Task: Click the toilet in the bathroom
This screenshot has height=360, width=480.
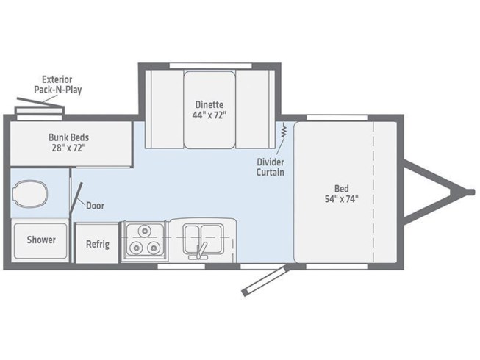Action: tap(30, 194)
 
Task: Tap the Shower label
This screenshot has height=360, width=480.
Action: tap(41, 240)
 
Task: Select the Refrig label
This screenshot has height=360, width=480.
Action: tap(98, 244)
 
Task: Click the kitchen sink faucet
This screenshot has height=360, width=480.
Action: tap(201, 251)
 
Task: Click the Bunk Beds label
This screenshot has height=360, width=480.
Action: tap(69, 137)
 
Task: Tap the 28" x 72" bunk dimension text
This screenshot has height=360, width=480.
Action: tap(69, 148)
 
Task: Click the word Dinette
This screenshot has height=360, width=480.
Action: tap(209, 104)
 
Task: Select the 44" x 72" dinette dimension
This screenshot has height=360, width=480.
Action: tap(209, 115)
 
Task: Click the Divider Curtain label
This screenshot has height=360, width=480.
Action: tap(271, 167)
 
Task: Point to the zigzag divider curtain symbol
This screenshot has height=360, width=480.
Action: tap(284, 130)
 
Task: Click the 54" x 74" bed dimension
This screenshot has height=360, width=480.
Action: tap(341, 199)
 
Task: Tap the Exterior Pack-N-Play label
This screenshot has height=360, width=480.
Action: tap(57, 84)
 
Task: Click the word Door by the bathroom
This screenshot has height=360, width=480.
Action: tap(95, 206)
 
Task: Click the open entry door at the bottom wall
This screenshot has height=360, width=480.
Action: tap(265, 281)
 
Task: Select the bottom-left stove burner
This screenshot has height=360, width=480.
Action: tap(135, 248)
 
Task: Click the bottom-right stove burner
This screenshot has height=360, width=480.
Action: tap(153, 248)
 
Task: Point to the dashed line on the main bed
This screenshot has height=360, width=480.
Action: tap(373, 192)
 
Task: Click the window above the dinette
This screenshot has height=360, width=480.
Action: tap(211, 66)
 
